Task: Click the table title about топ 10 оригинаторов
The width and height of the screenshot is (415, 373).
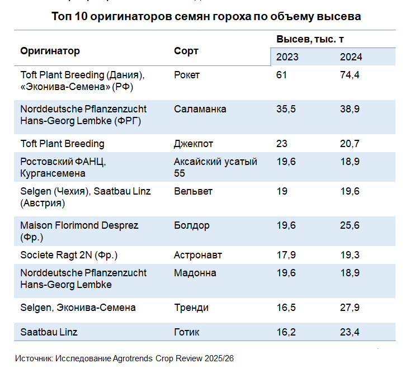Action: pos(206,17)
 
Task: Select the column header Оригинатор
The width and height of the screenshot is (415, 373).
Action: pos(50,51)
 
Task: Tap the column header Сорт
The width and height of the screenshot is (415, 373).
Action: pos(186,51)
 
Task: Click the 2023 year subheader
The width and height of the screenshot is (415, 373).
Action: pos(287,57)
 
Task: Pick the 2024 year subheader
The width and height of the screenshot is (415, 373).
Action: pos(351,57)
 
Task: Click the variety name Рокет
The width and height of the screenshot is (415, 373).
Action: pos(187,75)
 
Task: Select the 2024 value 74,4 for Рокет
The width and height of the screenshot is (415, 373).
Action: pos(350,75)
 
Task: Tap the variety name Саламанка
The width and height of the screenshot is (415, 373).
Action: pos(200,109)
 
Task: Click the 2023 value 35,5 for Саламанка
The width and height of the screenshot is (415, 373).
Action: pos(286,109)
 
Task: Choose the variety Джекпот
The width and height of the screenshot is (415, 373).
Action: pos(194,144)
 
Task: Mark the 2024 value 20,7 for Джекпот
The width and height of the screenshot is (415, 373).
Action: pos(350,144)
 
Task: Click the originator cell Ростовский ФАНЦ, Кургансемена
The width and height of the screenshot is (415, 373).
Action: pos(63,167)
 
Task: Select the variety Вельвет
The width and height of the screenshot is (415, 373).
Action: pos(193,191)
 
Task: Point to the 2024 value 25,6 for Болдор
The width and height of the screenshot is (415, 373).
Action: pos(350,225)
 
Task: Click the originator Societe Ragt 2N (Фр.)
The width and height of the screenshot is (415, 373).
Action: pos(69,255)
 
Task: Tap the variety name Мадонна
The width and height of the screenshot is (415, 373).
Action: pos(195,273)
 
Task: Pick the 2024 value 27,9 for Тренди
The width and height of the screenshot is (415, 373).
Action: pos(350,308)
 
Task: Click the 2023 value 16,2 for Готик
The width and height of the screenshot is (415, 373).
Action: pos(286,332)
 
